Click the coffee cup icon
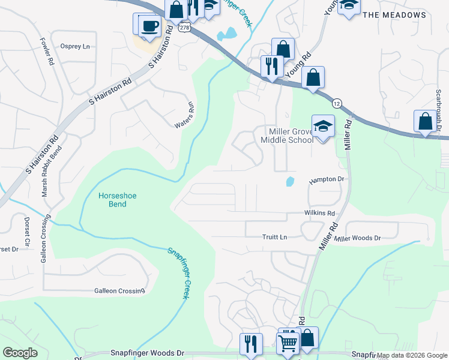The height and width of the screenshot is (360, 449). point(149,26)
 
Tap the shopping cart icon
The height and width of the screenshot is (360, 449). point(288,343)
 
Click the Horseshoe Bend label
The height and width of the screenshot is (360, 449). point(113,200)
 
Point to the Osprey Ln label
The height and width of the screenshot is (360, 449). point(75,46)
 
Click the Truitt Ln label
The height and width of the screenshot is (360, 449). point(274,237)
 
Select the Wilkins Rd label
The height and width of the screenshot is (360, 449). point(319,213)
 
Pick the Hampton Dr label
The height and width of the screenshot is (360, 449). point(326,179)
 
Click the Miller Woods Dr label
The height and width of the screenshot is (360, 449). point(358,238)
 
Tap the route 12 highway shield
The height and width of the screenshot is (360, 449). point(337,103)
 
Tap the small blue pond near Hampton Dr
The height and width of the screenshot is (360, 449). point(290,181)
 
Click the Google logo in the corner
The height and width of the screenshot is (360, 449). point(20,353)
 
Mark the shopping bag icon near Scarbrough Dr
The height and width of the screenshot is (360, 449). point(425,121)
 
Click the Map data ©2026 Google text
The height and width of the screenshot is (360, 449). point(412,355)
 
